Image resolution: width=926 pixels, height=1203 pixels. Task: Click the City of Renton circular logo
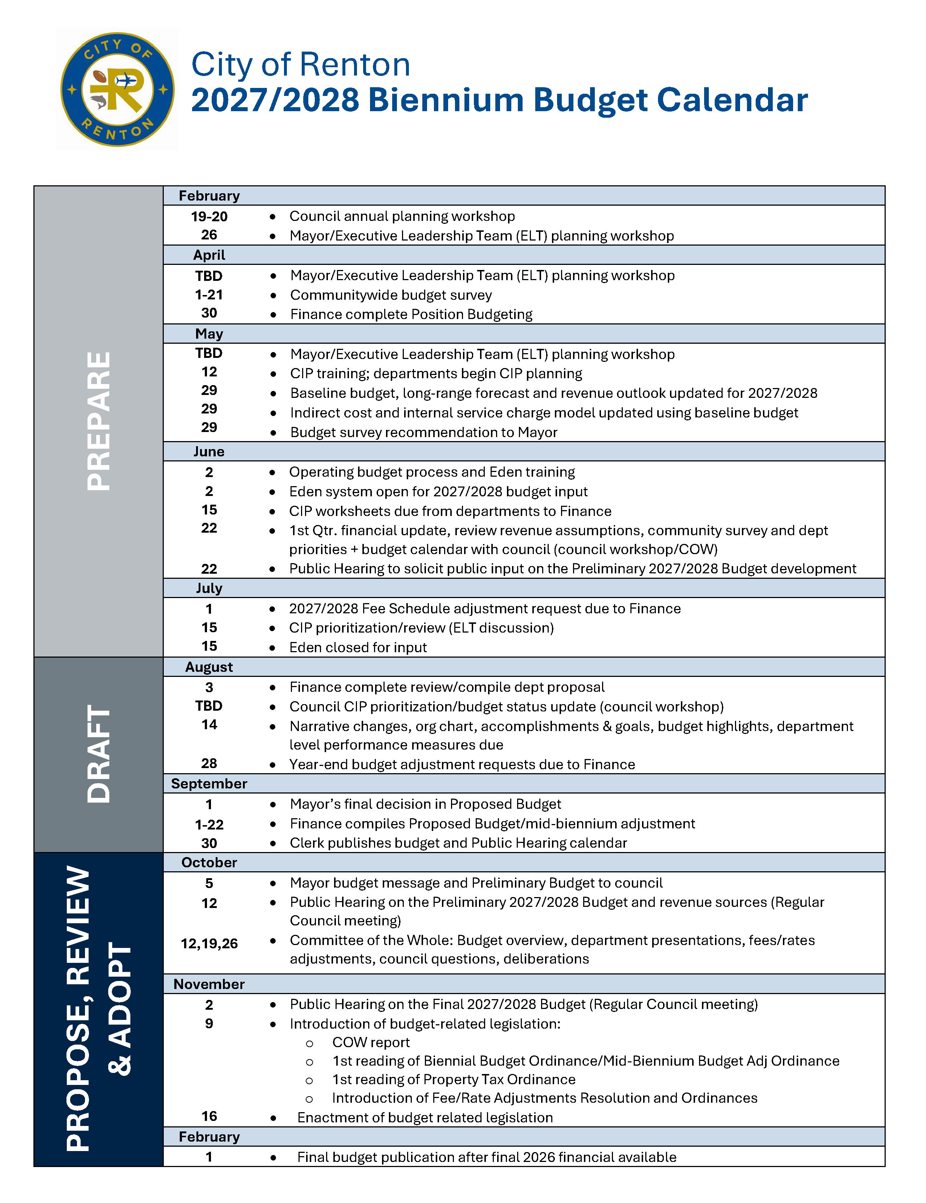coord(117,89)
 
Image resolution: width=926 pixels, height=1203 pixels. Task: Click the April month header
coord(209,255)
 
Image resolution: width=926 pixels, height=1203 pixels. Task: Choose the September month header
coord(209,783)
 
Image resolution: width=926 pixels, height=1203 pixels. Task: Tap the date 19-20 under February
coord(209,217)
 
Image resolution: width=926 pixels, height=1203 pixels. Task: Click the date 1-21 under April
coord(209,295)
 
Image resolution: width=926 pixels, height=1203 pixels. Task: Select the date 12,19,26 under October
coord(209,944)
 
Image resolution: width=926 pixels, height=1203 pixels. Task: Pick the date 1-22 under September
coord(209,824)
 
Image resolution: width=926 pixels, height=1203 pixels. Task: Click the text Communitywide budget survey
coord(391,295)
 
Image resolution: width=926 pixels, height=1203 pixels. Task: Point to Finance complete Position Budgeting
coord(411,315)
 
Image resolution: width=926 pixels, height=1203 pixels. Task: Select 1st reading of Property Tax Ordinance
coord(454,1079)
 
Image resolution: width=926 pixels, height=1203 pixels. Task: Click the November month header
coord(209,984)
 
